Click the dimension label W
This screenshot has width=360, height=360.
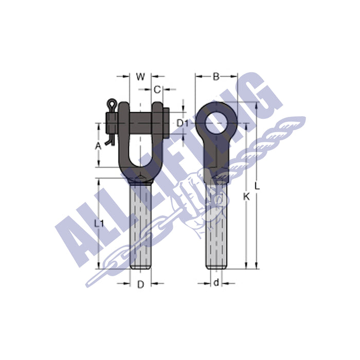point(140,77)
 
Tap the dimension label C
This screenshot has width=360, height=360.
point(158,89)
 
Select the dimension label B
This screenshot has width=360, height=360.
point(216,77)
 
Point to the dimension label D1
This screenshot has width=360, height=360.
point(183,123)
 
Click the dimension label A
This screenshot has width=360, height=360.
point(98,146)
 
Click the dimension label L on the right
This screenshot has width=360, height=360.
point(257,186)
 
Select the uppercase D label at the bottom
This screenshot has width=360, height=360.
point(139,284)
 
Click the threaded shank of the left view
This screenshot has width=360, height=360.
point(140,226)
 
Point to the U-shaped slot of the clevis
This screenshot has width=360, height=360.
point(139,149)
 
